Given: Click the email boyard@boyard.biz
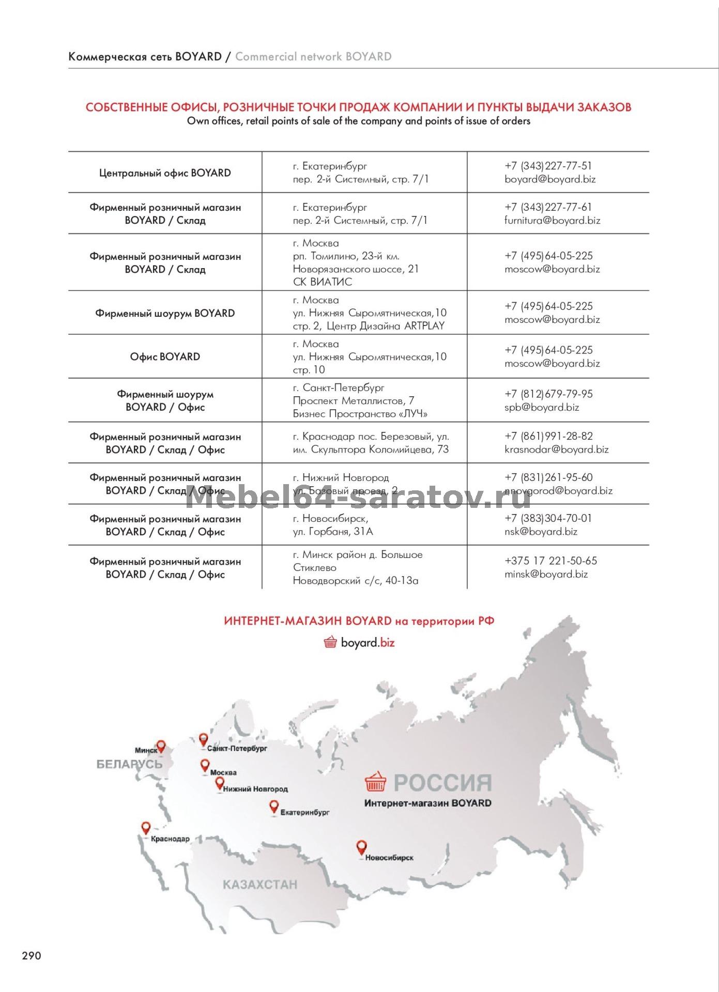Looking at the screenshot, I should [550, 180].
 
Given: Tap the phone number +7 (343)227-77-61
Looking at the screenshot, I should [548, 207].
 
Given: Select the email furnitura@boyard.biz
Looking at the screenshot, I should [552, 221].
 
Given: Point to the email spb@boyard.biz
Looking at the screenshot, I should [542, 408].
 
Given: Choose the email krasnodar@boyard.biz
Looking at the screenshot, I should [556, 450].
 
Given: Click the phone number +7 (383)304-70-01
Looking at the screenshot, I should [548, 518].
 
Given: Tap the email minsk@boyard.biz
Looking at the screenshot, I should [546, 574].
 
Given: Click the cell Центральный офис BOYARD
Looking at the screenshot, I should [165, 173].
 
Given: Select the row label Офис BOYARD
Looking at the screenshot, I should [165, 357].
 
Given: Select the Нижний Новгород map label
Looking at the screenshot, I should [255, 789].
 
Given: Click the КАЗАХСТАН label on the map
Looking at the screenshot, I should [260, 885].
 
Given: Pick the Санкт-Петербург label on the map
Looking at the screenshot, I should [237, 748].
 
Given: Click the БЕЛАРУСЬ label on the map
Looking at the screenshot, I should [129, 764].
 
